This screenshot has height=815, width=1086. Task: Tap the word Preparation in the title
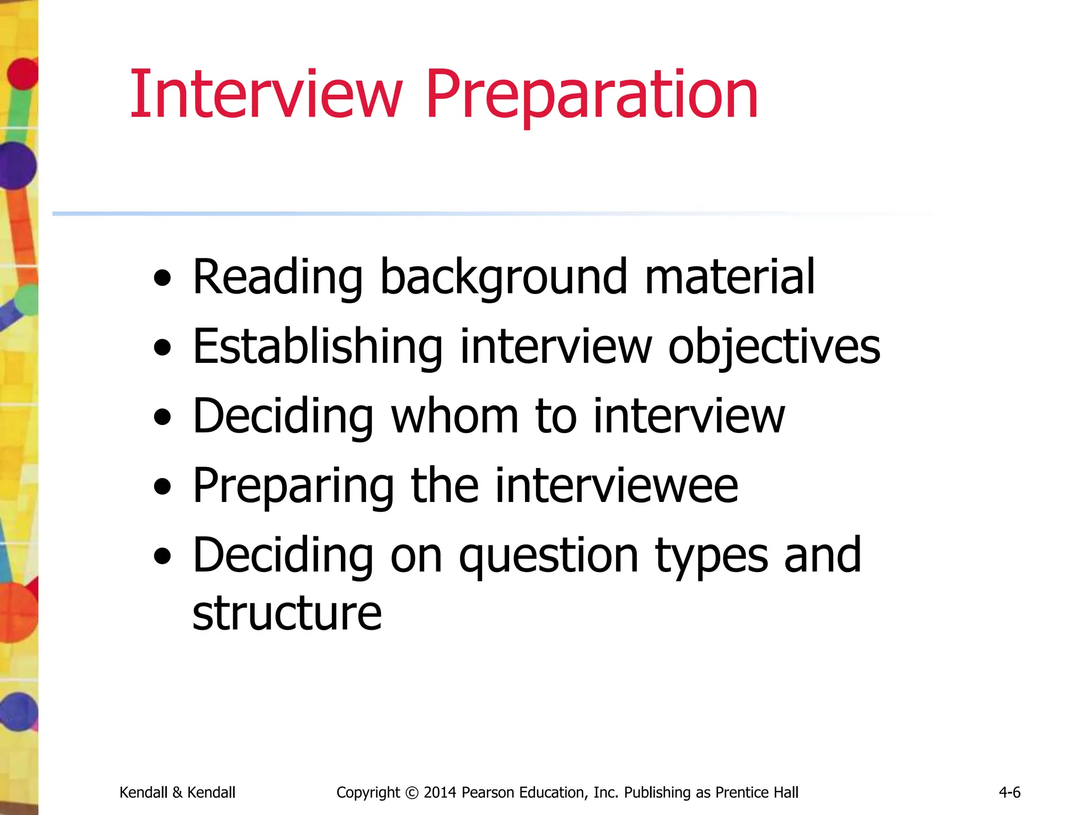[x=591, y=96]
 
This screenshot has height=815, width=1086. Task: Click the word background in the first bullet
[x=504, y=277]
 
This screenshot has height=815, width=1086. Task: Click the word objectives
[x=774, y=347]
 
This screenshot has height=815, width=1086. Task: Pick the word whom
[x=454, y=416]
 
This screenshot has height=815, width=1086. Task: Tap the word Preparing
[x=293, y=486]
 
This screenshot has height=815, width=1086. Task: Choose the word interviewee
[x=616, y=485]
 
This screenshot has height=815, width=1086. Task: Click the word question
[x=548, y=556]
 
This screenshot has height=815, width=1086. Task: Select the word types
[x=711, y=556]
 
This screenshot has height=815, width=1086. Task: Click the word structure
[x=287, y=613]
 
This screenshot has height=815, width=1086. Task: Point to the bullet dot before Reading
[x=162, y=278]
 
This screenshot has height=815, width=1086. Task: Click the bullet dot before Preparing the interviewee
[x=162, y=487]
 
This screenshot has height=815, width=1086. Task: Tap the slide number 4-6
[x=1009, y=792]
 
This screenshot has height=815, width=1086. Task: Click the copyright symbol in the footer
[x=411, y=793]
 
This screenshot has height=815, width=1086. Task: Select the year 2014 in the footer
[x=440, y=792]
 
